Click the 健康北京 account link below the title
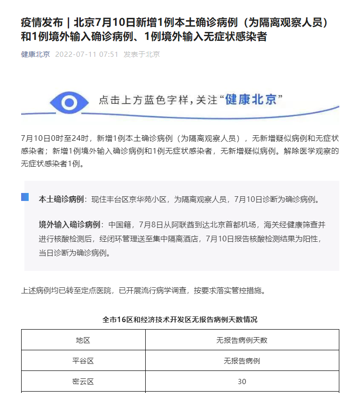coord(35,54)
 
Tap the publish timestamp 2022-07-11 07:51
coord(86,54)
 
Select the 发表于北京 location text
coord(141,54)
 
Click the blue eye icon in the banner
coord(69,102)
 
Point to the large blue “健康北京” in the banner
coord(251,100)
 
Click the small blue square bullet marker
coord(25,197)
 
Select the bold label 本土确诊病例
coord(61,199)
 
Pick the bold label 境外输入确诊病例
coord(70,224)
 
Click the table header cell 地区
coord(83,340)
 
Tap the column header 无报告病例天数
coord(242,340)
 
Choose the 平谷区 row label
coord(83,361)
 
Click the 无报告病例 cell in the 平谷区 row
coord(242,361)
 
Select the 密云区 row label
coord(83,381)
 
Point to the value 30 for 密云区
coord(242,381)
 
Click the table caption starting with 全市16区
coord(180,319)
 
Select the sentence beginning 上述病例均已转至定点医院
coord(143,290)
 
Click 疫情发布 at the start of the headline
coord(41,22)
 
